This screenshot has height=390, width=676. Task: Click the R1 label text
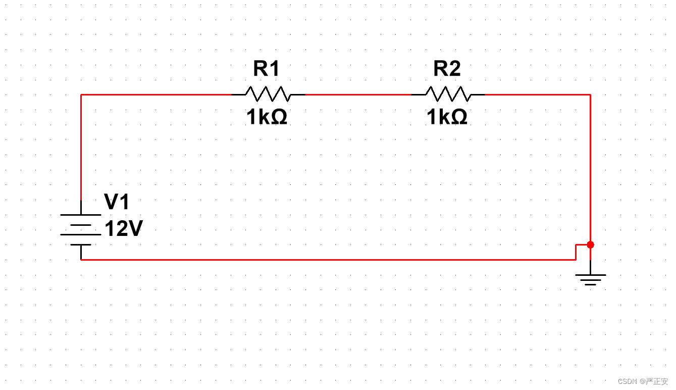[x=266, y=69]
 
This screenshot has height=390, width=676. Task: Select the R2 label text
[x=447, y=69]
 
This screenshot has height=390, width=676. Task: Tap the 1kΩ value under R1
[x=267, y=118]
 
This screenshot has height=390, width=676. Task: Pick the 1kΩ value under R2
[x=447, y=118]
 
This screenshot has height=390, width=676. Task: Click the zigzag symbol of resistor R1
[x=268, y=94]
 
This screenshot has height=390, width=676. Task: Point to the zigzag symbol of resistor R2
[x=448, y=94]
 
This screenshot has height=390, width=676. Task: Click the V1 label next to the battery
[x=117, y=202]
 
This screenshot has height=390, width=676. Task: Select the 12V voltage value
[x=124, y=229]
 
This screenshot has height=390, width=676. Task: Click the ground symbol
[x=590, y=278]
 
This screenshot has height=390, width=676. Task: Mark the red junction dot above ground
[x=590, y=245]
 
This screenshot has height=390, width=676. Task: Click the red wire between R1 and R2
[x=358, y=94]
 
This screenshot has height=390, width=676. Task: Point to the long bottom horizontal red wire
[x=328, y=260]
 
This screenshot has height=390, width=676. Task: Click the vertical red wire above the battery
[x=81, y=147]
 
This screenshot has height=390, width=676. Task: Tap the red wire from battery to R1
[x=157, y=94]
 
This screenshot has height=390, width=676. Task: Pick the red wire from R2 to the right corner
[x=538, y=94]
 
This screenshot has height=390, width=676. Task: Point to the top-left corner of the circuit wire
[x=81, y=94]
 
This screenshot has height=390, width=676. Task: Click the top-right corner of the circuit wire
[x=590, y=94]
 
